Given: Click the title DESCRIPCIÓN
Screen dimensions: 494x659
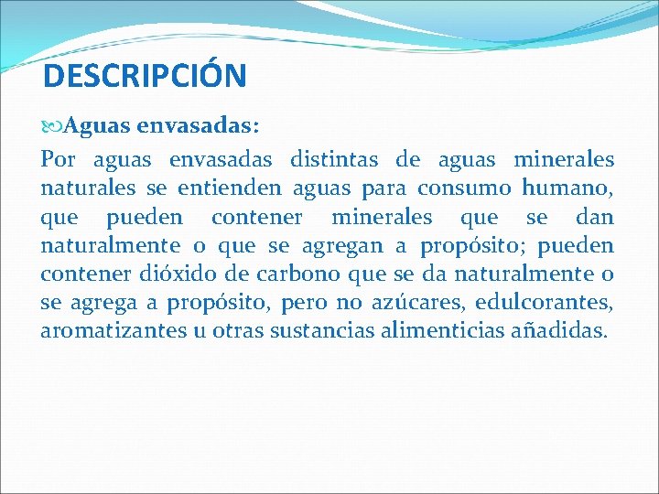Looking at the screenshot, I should pyautogui.click(x=145, y=76).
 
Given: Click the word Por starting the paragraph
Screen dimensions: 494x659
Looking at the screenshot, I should pyautogui.click(x=59, y=160).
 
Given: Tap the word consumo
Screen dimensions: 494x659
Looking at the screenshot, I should pyautogui.click(x=464, y=188).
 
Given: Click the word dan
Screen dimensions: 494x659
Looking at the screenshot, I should pyautogui.click(x=595, y=217).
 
